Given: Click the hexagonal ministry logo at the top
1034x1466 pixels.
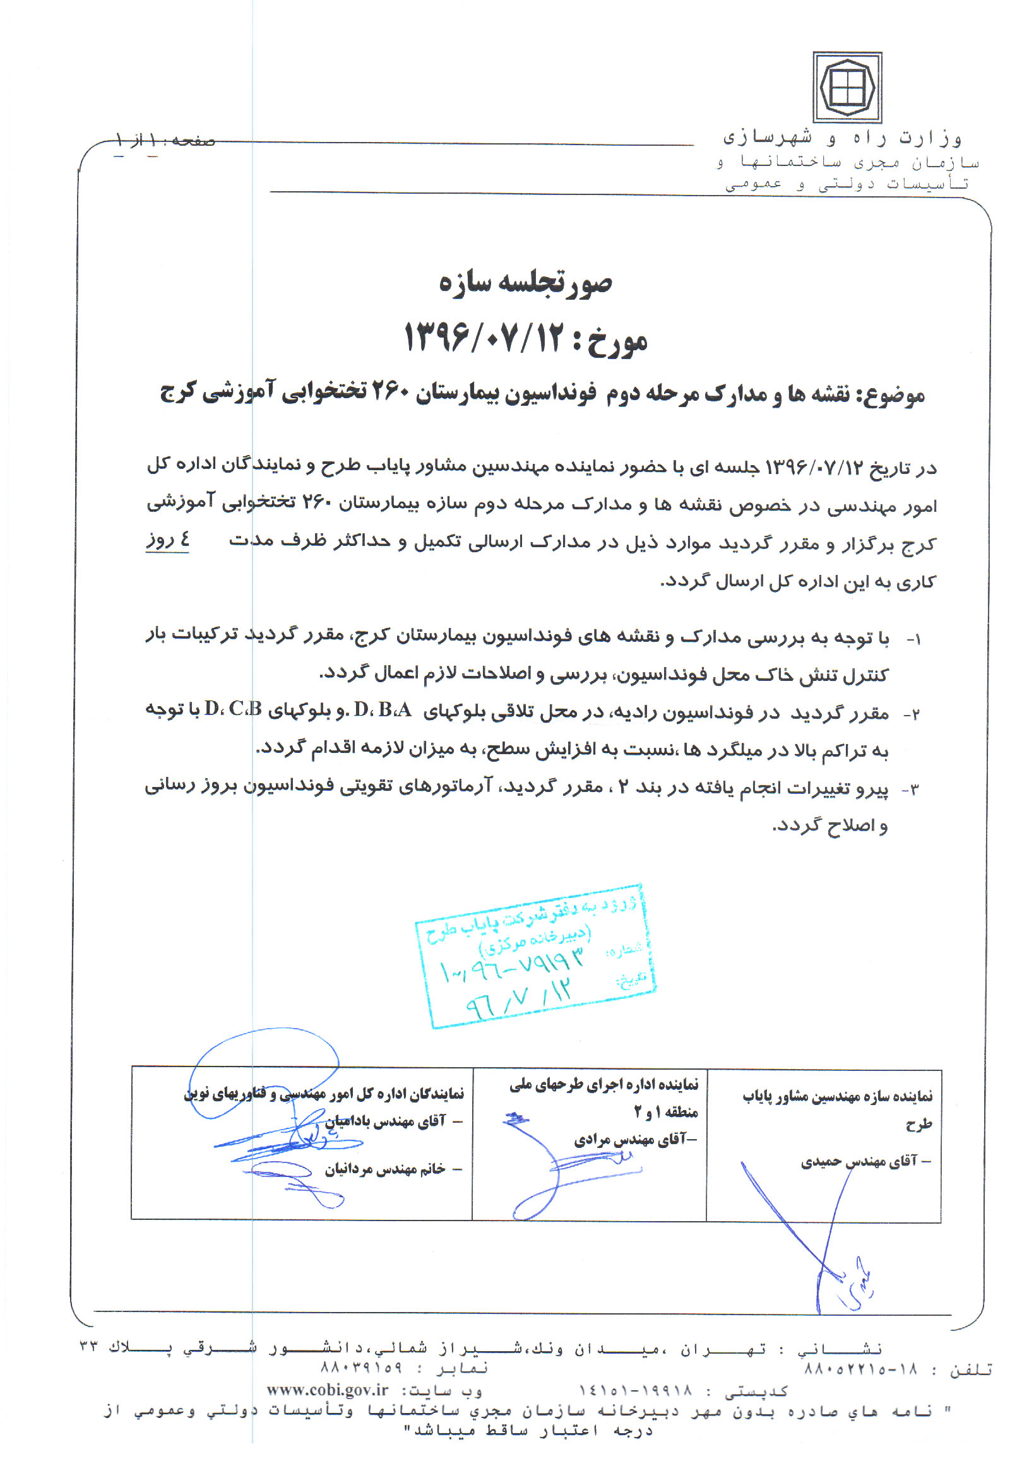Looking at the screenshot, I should coord(847,88).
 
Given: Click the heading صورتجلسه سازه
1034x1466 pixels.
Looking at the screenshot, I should coord(525,283).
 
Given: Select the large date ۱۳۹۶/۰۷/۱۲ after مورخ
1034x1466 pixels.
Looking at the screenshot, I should coord(485,338).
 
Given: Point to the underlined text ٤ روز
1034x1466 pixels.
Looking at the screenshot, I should coord(167,540).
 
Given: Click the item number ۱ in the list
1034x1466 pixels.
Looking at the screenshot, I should coord(915,640).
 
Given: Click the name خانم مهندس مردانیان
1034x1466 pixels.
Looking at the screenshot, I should coord(384,1169).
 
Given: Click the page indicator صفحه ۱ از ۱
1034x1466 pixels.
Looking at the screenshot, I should coord(165,140).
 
